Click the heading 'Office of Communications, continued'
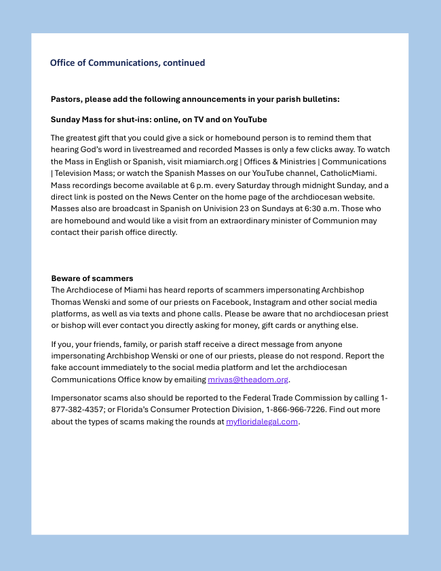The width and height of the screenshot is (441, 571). coord(127,63)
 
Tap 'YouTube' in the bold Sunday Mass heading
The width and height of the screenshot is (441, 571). coord(250,119)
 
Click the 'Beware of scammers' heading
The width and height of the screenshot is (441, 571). coord(92,278)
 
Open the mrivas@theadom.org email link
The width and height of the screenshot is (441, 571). coord(248,380)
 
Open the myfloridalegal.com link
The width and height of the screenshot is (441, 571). coord(262,422)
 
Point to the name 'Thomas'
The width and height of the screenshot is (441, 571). coord(66,302)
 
